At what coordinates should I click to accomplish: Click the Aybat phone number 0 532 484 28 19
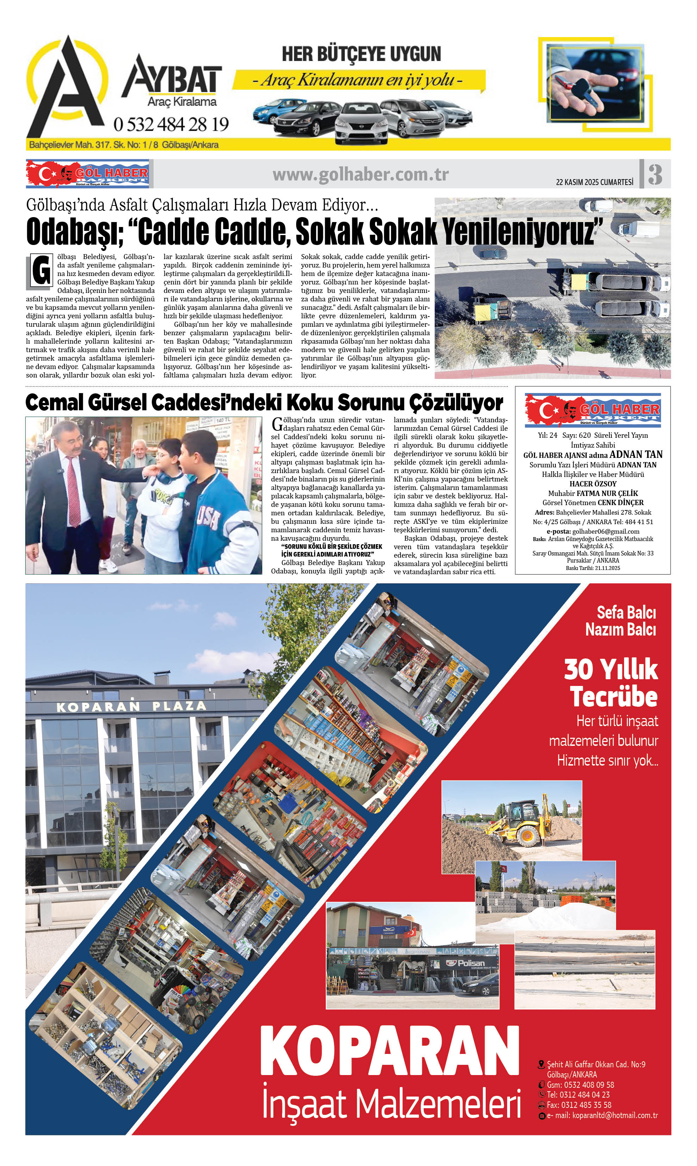[x=171, y=124]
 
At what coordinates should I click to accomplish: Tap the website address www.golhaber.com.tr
[x=360, y=175]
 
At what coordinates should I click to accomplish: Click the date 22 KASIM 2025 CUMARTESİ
[x=595, y=182]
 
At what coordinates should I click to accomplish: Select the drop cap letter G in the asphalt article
[x=41, y=271]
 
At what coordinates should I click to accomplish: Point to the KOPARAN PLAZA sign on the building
[x=131, y=706]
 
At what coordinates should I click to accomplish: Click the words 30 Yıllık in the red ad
[x=611, y=669]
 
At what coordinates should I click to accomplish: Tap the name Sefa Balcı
[x=626, y=612]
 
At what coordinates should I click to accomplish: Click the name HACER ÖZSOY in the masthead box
[x=593, y=484]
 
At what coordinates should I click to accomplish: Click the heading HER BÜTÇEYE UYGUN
[x=361, y=54]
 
